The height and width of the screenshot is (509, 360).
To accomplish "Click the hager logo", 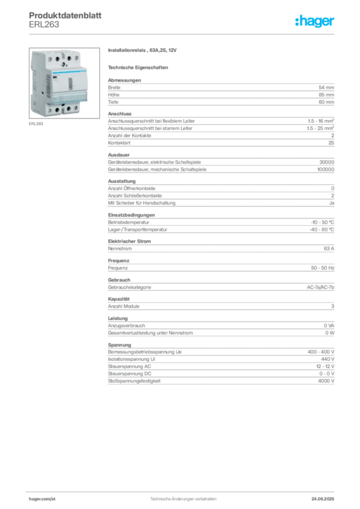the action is (x=314, y=21).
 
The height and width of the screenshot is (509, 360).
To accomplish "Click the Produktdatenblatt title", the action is (x=65, y=15).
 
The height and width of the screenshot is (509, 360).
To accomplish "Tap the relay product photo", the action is (x=64, y=83).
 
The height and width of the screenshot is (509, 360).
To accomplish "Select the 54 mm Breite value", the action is (x=326, y=87).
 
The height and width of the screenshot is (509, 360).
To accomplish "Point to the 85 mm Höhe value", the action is (x=326, y=95).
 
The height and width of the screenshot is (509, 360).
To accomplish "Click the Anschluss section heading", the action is (x=120, y=114).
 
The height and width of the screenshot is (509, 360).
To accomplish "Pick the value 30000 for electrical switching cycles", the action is (x=327, y=162).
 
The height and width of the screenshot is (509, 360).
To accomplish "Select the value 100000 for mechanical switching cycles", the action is (x=326, y=169).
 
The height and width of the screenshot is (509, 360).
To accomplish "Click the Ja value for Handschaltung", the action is (x=332, y=203).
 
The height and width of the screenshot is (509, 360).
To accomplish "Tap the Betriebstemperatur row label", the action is (x=129, y=222).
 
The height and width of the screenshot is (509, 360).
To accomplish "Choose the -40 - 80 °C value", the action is (x=322, y=230).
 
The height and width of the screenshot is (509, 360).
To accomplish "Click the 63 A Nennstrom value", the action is (x=329, y=249).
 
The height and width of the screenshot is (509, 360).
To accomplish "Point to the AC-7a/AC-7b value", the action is (x=320, y=287).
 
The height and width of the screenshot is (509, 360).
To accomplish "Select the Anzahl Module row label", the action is (x=124, y=306).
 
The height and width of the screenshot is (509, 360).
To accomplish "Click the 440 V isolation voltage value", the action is (x=328, y=359).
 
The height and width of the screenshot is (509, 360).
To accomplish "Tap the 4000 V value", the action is (x=326, y=381).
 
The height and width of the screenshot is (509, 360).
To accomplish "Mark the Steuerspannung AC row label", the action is (x=129, y=366).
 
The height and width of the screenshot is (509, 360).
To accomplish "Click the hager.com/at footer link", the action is (x=42, y=499).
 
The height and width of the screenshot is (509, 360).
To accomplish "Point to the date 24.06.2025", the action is (x=323, y=499).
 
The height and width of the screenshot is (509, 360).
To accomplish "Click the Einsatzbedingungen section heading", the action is (x=131, y=215).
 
